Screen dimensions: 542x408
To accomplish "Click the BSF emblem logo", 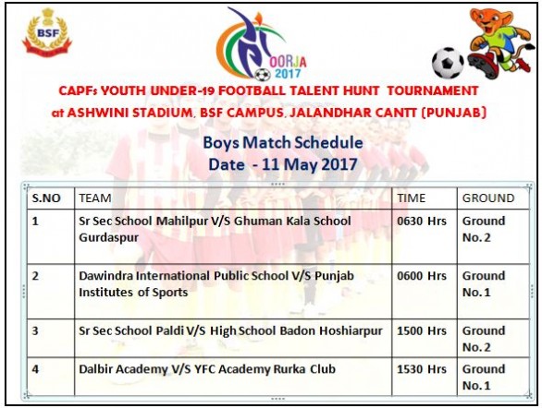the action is coord(47,32).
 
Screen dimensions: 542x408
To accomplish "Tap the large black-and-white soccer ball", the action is coord(448,63).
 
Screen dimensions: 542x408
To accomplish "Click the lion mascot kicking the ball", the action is coord(499,42).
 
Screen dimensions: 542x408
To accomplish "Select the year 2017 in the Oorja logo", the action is coord(288,74).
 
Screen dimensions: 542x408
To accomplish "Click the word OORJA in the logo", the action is coord(288,62).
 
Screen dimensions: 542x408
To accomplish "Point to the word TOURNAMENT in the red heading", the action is coord(433,90).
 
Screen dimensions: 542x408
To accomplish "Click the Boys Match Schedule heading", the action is coord(283,143).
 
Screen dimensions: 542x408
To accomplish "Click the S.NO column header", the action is coord(46,198).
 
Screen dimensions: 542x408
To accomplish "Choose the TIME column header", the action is coord(411,198).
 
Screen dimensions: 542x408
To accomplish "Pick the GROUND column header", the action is coord(488,198).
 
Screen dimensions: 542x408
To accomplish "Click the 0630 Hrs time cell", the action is coord(422,221).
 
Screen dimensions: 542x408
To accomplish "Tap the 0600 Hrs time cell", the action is coord(422,276).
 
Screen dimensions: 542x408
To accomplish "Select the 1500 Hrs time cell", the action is coord(422,330).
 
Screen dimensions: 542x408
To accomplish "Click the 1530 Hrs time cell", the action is coord(422,369).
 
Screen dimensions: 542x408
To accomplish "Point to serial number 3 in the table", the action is coord(35,330).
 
